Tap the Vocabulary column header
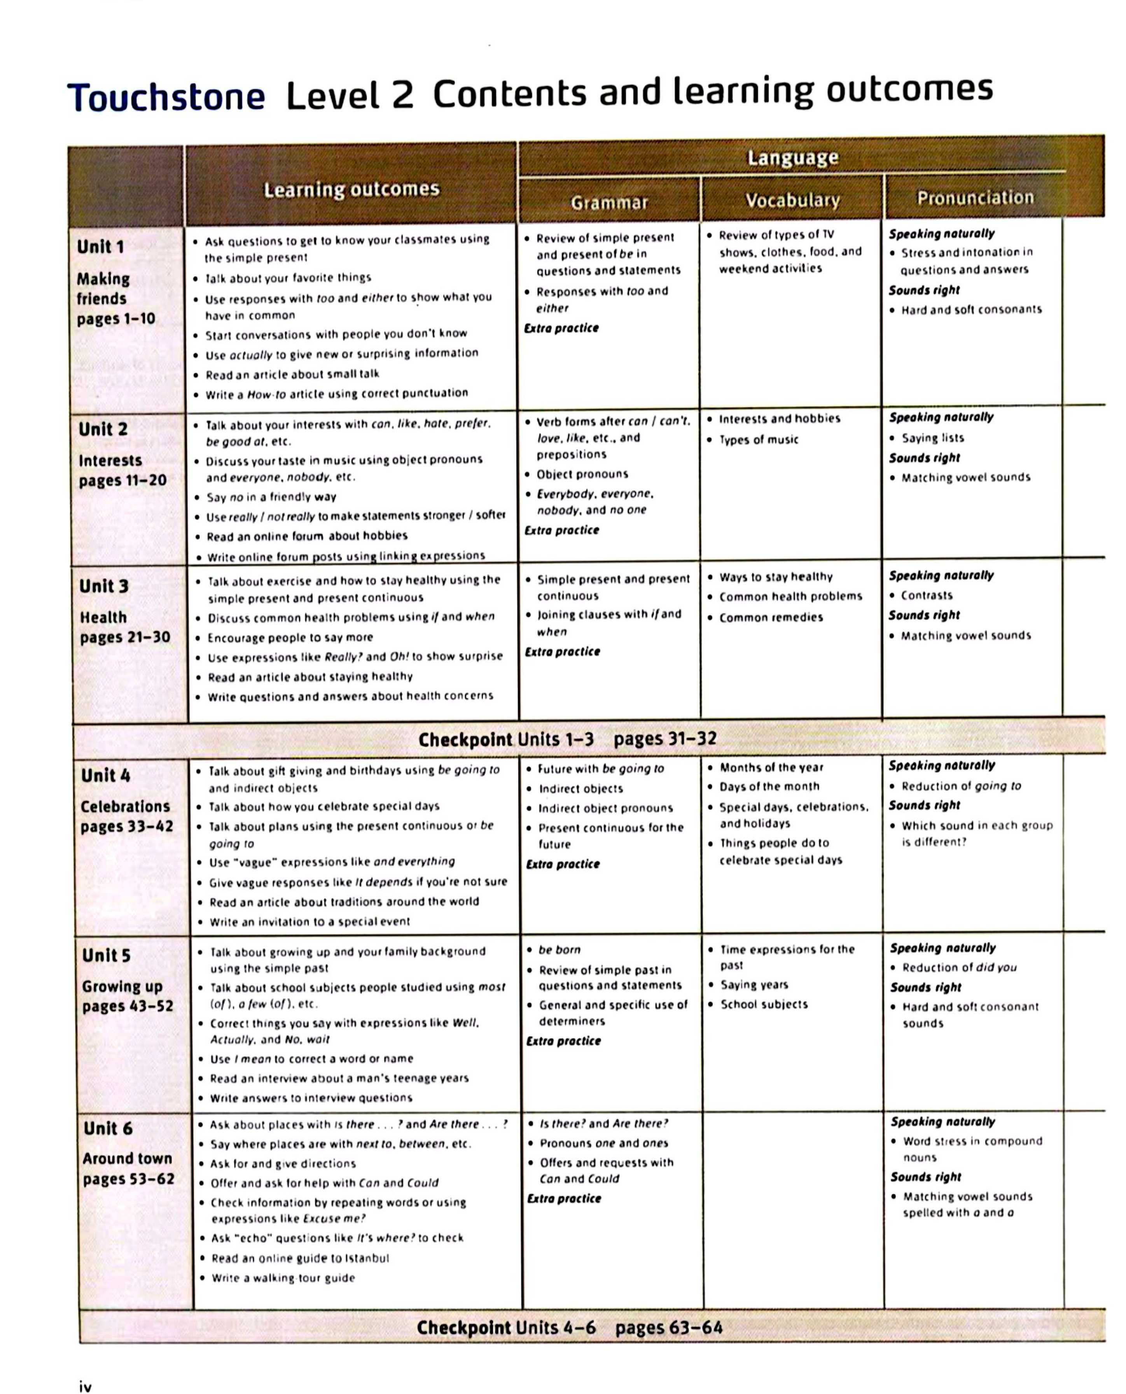pyautogui.click(x=792, y=200)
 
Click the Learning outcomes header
pyautogui.click(x=351, y=189)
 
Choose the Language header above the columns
pyautogui.click(x=792, y=158)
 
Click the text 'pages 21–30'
pyautogui.click(x=124, y=637)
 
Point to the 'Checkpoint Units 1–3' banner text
pyautogui.click(x=506, y=739)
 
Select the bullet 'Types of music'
pyautogui.click(x=758, y=440)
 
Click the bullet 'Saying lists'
pyautogui.click(x=932, y=438)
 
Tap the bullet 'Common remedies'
pyautogui.click(x=771, y=618)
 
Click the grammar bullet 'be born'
pyautogui.click(x=559, y=950)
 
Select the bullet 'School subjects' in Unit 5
pyautogui.click(x=764, y=1004)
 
